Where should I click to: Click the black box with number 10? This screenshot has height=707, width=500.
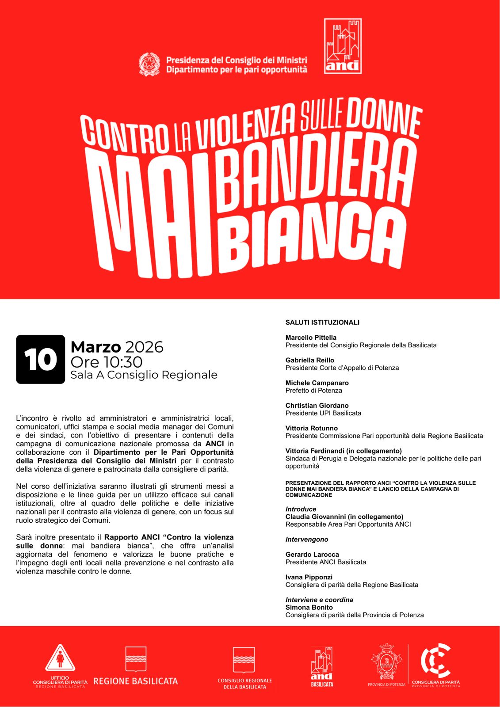click(41, 359)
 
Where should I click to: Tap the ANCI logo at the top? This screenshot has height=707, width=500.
click(343, 46)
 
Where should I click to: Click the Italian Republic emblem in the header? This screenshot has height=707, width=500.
click(149, 65)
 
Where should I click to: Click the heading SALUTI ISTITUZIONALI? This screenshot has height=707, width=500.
click(322, 323)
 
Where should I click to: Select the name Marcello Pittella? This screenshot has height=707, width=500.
click(311, 338)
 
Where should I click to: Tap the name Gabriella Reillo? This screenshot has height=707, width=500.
click(309, 360)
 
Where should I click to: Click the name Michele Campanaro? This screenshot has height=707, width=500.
click(317, 383)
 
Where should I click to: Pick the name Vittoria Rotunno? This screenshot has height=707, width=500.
click(311, 428)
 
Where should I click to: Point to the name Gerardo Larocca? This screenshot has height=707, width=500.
click(312, 555)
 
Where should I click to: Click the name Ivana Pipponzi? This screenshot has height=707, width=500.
click(309, 577)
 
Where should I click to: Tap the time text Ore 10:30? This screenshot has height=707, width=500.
click(107, 362)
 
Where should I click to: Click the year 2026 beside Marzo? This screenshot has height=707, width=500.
click(144, 347)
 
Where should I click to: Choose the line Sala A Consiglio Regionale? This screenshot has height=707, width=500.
click(144, 375)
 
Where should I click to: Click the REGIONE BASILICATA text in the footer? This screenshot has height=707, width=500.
click(135, 681)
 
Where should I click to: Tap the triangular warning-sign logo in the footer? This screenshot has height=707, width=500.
click(60, 658)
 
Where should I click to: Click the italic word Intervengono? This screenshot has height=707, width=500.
click(307, 540)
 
